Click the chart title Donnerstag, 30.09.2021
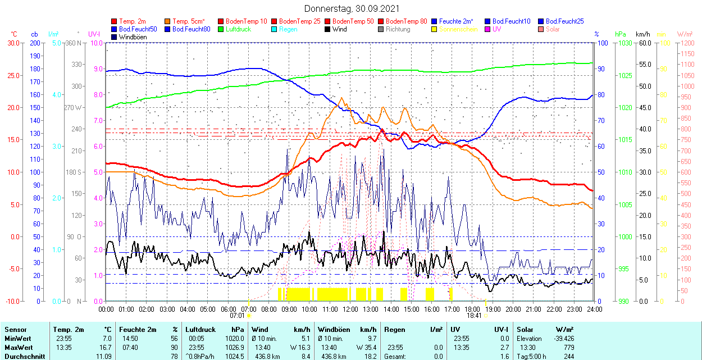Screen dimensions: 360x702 [x=352, y=8]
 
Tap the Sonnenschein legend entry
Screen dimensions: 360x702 [x=458, y=29]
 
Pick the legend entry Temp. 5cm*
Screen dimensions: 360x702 [x=188, y=21]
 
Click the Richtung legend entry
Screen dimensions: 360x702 [x=398, y=29]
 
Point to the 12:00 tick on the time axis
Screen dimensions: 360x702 [x=350, y=309]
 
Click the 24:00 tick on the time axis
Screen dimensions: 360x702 [x=595, y=309]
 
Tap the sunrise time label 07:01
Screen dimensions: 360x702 [x=237, y=316]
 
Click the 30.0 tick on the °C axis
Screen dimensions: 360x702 [x=12, y=43]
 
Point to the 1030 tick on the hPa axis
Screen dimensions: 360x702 [x=623, y=43]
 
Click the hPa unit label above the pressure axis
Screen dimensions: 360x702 [x=620, y=34]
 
